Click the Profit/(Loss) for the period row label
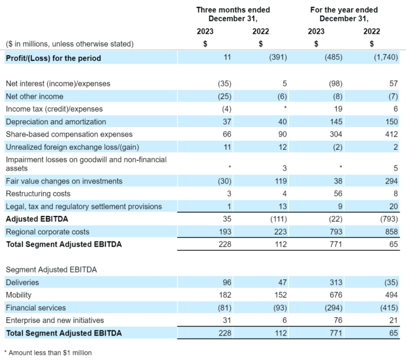53,58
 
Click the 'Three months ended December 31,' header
233,15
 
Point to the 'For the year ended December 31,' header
344,15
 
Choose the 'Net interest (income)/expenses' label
58,84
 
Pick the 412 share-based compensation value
392,134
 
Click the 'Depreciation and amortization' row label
56,121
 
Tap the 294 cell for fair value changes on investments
392,181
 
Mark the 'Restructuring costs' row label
38,193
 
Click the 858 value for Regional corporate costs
392,232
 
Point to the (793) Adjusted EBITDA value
390,219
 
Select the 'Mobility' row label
19,295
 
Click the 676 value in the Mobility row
336,295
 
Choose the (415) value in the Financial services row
390,308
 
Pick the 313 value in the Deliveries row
336,283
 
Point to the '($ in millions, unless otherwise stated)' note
70,44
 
